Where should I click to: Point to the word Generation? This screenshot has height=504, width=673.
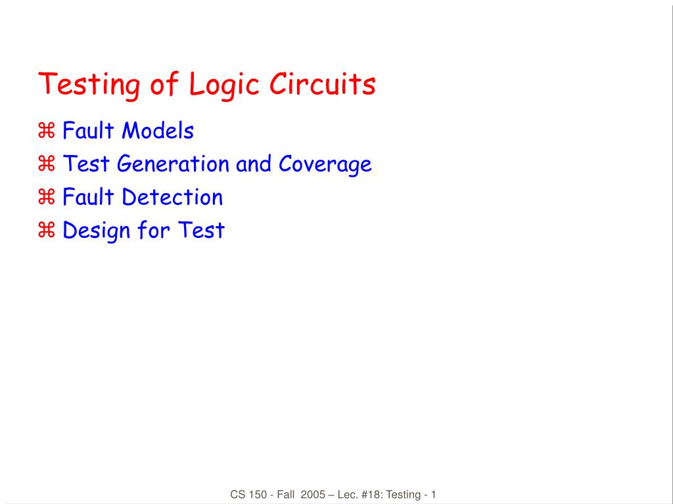[174, 164]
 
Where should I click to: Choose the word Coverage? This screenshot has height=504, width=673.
[325, 164]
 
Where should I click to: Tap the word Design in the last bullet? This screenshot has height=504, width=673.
[94, 231]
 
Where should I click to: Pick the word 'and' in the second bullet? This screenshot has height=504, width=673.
[255, 164]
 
